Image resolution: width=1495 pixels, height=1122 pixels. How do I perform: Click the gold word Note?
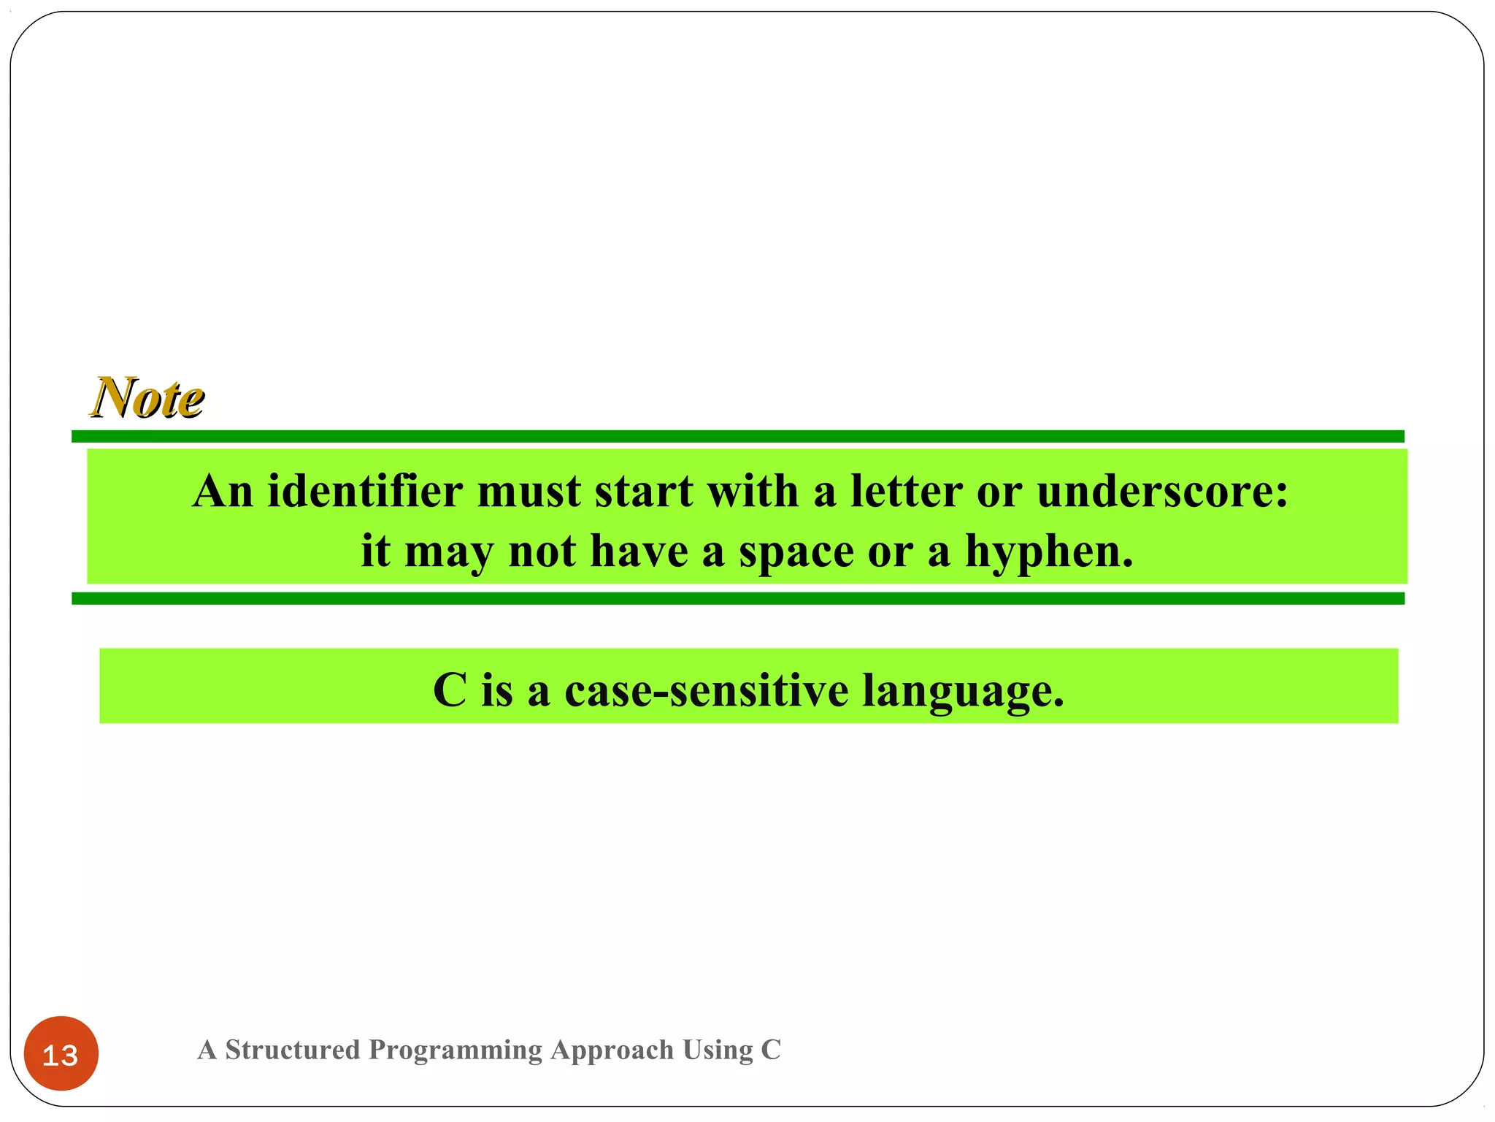[148, 398]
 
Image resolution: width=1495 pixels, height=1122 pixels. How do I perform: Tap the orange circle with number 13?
[61, 1053]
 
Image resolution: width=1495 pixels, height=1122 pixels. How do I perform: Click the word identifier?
[365, 491]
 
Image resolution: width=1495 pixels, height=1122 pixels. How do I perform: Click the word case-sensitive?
[706, 690]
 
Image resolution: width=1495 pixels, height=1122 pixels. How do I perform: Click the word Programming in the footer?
[456, 1050]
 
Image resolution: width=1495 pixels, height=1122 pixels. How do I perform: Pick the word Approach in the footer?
[612, 1050]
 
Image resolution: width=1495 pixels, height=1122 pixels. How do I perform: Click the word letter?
[906, 491]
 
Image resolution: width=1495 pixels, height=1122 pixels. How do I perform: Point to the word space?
[796, 552]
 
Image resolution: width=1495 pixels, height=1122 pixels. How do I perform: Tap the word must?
[529, 491]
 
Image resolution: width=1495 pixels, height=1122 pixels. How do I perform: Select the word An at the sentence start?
[223, 491]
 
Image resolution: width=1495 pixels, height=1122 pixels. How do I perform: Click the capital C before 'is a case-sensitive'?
[450, 690]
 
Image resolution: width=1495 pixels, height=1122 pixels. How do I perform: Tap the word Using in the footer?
[718, 1050]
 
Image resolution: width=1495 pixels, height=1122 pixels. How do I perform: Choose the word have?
[639, 551]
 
